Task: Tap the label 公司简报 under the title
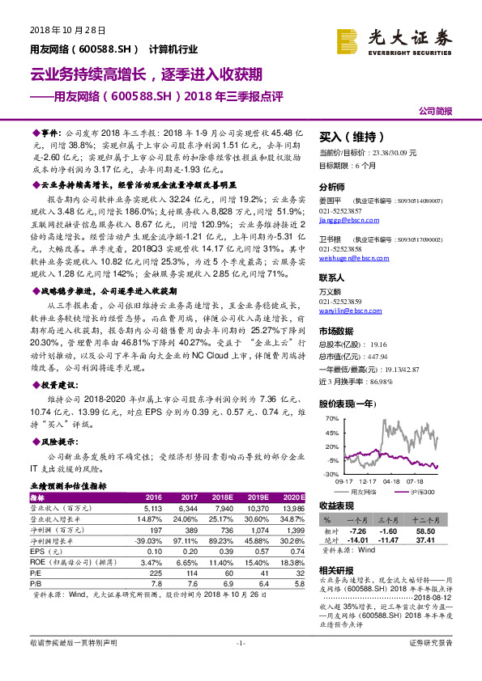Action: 435,110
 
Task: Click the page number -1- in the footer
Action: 240,665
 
